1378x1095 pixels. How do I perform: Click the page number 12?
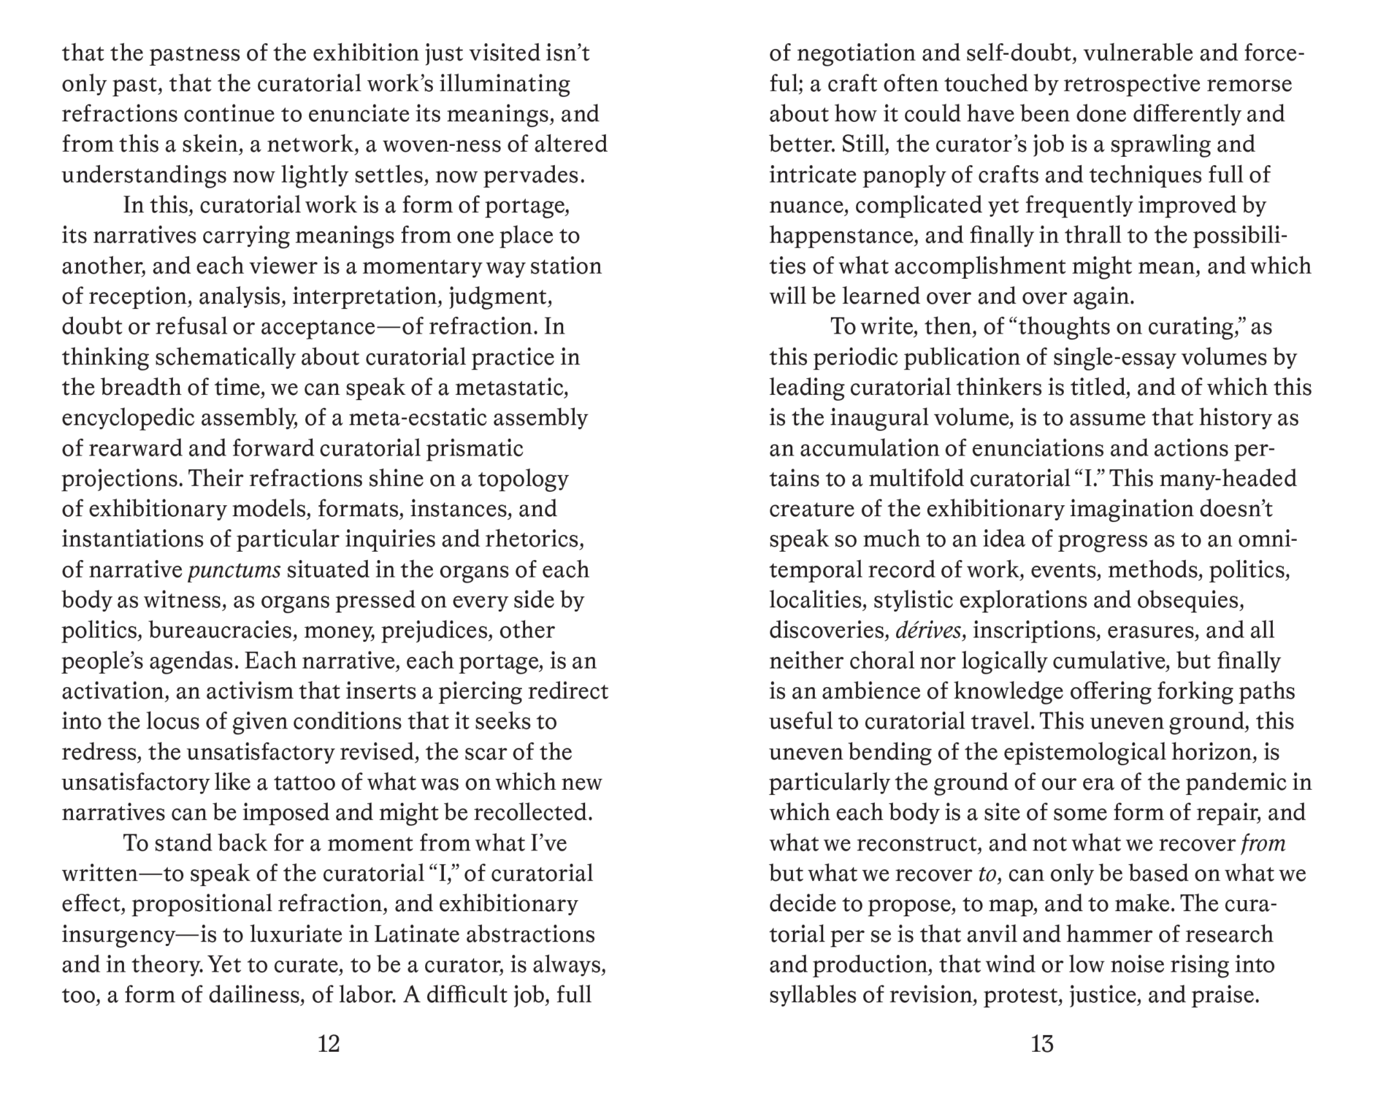[329, 1044]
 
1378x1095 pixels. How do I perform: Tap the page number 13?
[1042, 1044]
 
